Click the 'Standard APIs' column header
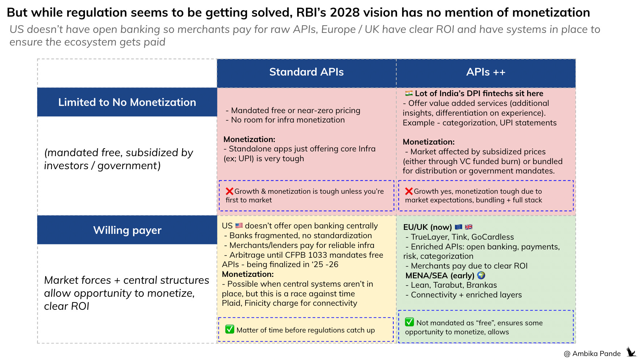point(306,72)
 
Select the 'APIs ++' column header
point(486,72)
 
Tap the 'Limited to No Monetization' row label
point(127,102)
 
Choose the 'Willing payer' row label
point(127,230)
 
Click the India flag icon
point(409,93)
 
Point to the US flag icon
point(239,226)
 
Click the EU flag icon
point(458,227)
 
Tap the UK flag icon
point(469,227)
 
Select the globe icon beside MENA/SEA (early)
point(481,275)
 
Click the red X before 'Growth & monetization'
point(229,191)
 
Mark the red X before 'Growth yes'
point(409,191)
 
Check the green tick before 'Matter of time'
point(230,329)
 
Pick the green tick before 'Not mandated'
point(409,322)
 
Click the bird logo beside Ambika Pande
point(631,352)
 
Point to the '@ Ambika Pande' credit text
point(592,353)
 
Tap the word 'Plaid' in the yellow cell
point(231,303)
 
